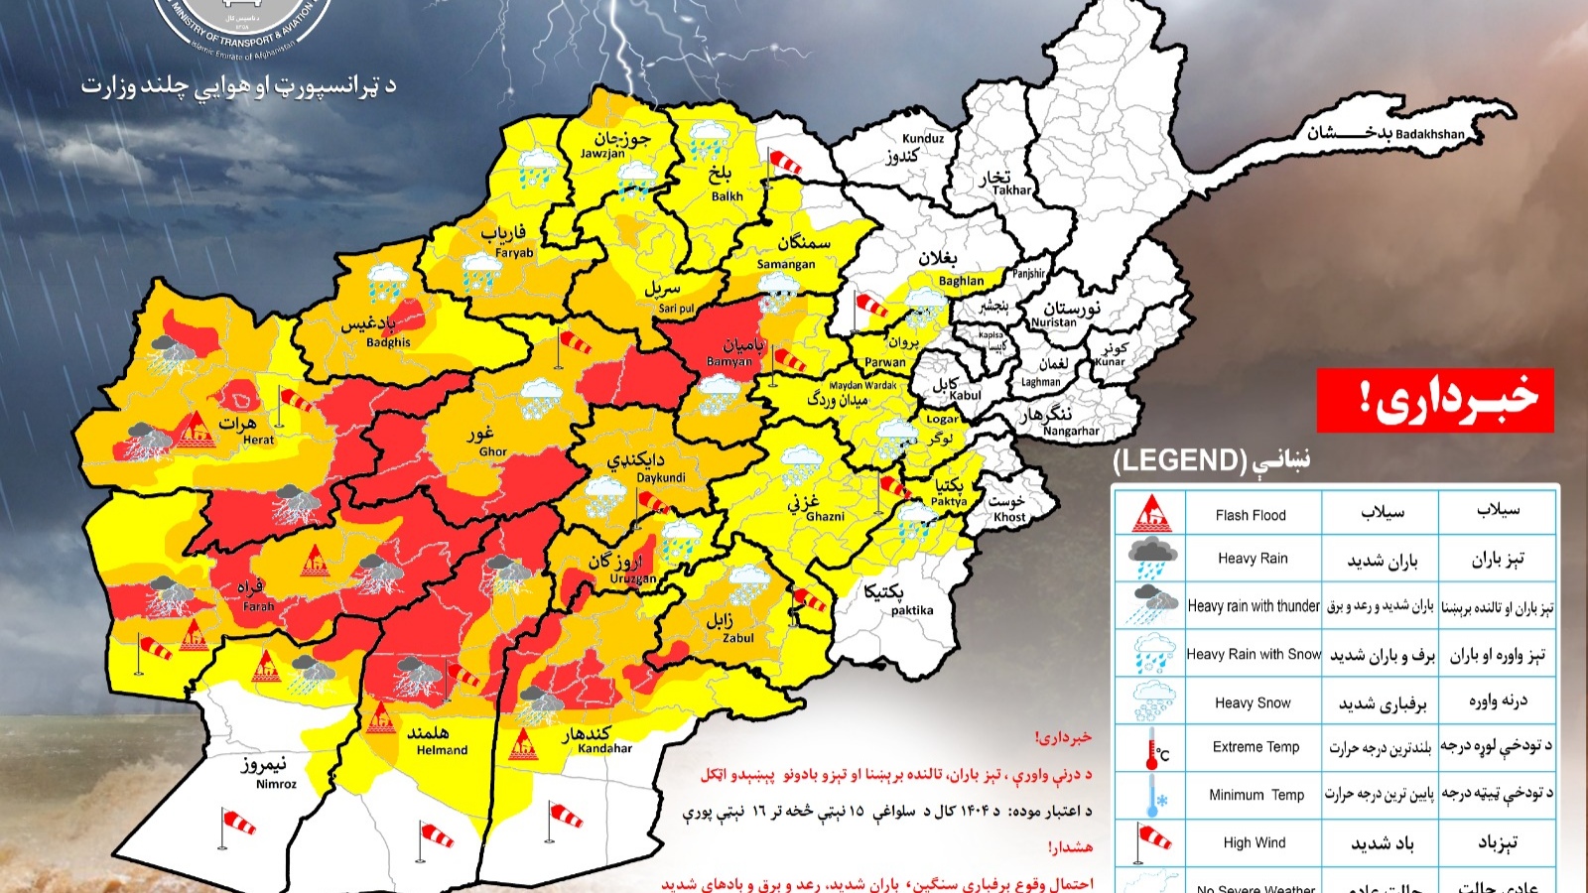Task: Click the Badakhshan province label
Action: coord(1429,134)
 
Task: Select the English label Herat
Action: coord(259,440)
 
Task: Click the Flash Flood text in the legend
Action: coord(1251,515)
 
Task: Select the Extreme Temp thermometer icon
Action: coord(1154,748)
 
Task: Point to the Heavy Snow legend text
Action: coord(1253,702)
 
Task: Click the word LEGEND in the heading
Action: coord(1179,460)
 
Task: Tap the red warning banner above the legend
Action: coord(1434,399)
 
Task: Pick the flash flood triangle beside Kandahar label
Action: coord(523,743)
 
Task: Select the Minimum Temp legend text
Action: coord(1257,795)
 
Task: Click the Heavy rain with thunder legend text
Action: coord(1254,606)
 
